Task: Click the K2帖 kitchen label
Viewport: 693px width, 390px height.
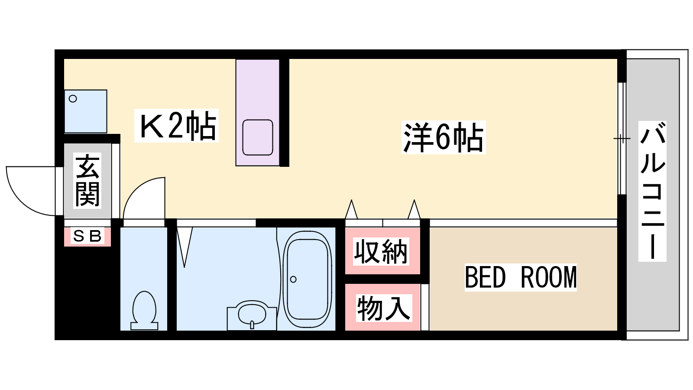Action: coord(177,126)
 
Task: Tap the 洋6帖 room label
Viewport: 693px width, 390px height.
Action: coord(444,137)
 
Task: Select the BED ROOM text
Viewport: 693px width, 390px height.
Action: coord(521,278)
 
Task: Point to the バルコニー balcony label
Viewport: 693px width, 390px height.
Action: coord(652,191)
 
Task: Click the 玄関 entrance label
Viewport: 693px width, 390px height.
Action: coord(87,181)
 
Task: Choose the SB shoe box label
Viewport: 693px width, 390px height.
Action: coord(87,237)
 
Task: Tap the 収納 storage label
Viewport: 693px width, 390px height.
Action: coord(381,252)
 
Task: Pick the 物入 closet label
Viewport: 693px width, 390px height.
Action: coord(384,308)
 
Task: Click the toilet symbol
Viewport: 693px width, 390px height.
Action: coord(144,311)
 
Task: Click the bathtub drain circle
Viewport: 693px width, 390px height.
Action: coord(293,279)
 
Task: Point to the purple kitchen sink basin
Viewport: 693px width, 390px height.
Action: coord(258,137)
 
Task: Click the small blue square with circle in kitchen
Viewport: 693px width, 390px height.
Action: coord(86,111)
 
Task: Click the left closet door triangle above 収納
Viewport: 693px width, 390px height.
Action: coord(351,210)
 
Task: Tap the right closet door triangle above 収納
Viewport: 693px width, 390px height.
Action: coord(414,210)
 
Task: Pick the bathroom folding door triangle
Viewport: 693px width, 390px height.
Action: coord(185,247)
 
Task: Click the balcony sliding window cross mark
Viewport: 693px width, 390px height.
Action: coord(622,138)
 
